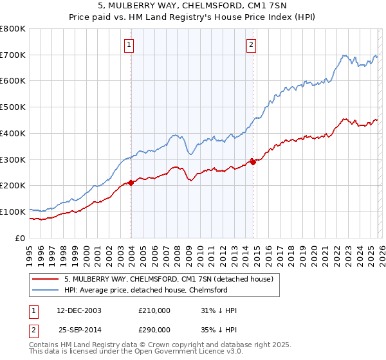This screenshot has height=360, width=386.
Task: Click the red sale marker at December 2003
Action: tap(131, 183)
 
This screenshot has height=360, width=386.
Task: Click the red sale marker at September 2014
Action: tap(253, 162)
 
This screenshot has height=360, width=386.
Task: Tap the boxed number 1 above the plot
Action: tap(130, 44)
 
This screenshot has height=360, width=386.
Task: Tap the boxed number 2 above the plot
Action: tap(250, 44)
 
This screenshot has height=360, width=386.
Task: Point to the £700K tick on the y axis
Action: tap(13, 55)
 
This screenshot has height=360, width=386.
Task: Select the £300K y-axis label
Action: tap(13, 159)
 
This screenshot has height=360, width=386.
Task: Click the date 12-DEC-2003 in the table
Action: tap(79, 310)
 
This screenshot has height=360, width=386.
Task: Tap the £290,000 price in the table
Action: tap(154, 329)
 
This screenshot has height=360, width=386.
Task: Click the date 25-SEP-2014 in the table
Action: tap(79, 329)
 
